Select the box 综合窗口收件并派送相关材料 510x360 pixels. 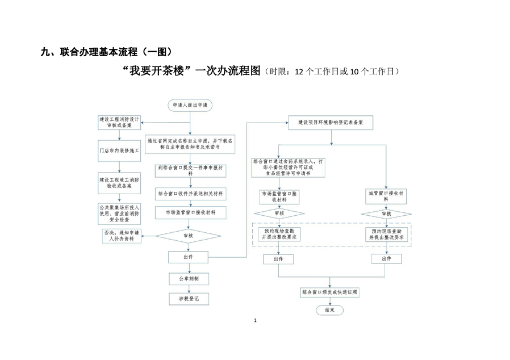(190, 194)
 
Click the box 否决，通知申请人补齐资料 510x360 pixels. (120, 236)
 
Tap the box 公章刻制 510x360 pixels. (190, 279)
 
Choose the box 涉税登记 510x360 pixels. (190, 298)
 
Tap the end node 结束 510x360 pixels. (329, 311)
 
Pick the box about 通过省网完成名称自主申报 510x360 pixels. (190, 143)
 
